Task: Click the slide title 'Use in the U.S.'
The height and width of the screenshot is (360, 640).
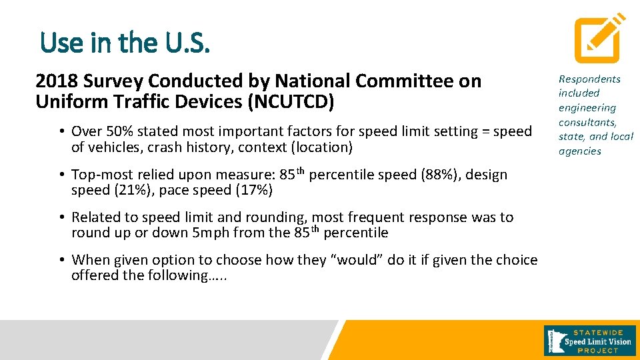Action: tap(125, 43)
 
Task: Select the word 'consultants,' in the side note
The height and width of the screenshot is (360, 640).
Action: tap(587, 123)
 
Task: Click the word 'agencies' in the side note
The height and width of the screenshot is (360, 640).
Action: tap(579, 151)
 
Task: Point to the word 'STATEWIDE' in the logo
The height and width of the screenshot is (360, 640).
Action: tap(598, 331)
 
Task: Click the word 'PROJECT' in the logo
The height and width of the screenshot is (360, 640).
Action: tap(598, 351)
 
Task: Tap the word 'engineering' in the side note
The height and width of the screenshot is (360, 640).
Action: tap(587, 108)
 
